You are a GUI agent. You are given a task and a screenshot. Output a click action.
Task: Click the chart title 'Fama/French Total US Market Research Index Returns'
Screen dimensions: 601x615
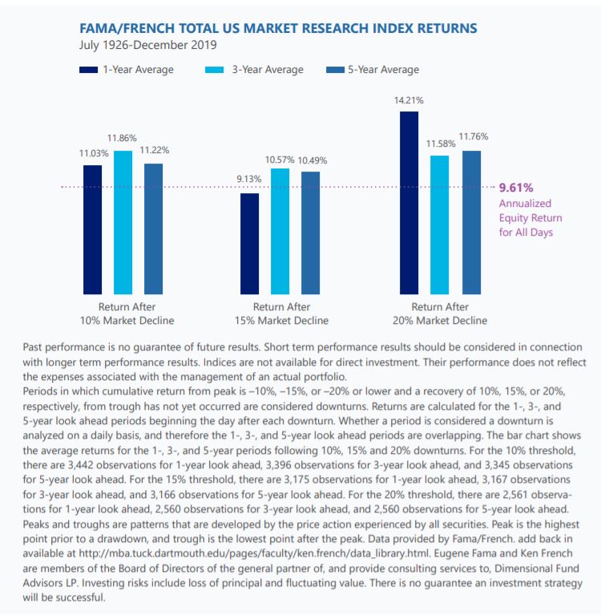click(278, 29)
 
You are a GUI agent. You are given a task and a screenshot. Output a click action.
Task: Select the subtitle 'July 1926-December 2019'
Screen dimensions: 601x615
click(147, 45)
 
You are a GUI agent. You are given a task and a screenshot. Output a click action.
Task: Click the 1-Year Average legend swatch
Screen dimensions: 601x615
click(88, 70)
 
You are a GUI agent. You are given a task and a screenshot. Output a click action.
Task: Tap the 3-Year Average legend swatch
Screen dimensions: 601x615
click(214, 70)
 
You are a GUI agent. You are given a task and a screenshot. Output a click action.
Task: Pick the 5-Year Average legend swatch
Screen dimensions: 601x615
click(335, 70)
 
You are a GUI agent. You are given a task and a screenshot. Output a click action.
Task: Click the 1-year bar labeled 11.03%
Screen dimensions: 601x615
click(92, 229)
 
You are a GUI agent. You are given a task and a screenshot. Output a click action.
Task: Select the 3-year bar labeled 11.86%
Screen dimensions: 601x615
click(123, 222)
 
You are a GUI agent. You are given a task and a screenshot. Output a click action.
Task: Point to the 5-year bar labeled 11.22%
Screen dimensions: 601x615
click(153, 229)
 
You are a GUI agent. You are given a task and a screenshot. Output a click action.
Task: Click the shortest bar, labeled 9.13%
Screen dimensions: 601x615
click(249, 244)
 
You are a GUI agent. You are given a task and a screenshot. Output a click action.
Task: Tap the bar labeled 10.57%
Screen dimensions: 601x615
click(280, 232)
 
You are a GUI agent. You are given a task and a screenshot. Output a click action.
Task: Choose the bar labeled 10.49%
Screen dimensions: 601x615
click(310, 233)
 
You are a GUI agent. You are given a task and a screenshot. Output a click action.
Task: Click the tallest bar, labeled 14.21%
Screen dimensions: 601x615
click(409, 203)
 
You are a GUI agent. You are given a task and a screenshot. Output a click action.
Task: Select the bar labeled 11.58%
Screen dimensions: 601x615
click(439, 225)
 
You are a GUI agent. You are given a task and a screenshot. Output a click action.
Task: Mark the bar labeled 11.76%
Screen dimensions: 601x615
click(472, 222)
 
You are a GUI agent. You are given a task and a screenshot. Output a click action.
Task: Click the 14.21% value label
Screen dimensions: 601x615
click(409, 100)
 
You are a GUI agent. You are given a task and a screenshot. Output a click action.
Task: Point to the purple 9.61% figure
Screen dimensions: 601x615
click(516, 188)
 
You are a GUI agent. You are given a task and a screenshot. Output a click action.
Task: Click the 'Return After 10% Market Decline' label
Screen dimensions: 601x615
click(127, 314)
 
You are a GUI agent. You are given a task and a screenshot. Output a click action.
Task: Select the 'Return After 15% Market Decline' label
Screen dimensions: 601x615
click(281, 314)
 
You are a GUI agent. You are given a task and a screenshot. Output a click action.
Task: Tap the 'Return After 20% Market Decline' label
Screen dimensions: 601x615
click(440, 314)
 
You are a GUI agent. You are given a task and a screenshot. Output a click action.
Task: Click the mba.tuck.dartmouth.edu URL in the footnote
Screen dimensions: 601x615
click(255, 553)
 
